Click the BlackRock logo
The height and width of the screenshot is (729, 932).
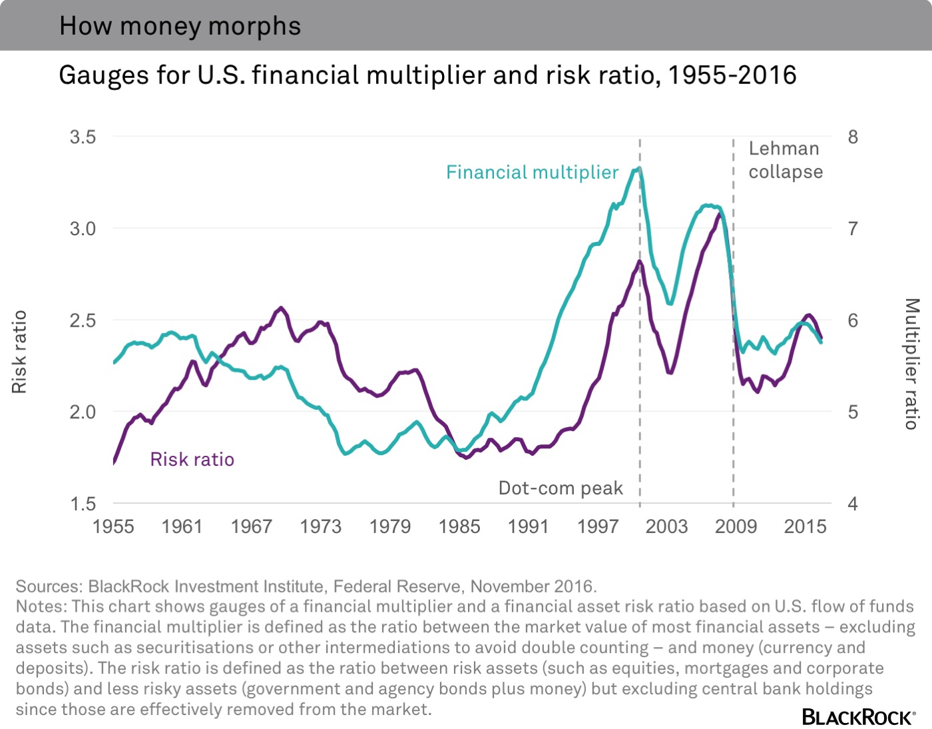tap(858, 716)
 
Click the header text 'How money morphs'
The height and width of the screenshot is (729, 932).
tap(180, 26)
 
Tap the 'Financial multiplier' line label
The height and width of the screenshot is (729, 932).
tap(532, 173)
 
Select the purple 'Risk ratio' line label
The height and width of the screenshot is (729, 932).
tap(192, 459)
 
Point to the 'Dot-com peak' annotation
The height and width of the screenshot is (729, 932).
tap(561, 488)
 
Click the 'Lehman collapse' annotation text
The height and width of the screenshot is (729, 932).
tap(785, 160)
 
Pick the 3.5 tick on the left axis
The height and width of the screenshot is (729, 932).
tap(83, 137)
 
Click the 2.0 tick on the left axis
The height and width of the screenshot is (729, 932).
tap(83, 412)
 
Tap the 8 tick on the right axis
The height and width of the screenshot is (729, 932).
tap(853, 137)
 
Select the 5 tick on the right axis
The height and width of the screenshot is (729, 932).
tap(853, 412)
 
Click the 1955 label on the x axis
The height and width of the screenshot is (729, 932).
tap(113, 526)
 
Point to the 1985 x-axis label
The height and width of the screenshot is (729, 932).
tap(459, 526)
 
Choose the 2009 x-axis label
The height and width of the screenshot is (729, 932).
tap(736, 526)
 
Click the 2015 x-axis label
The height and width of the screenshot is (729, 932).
tap(805, 526)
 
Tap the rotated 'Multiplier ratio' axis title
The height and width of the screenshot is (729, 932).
tap(911, 363)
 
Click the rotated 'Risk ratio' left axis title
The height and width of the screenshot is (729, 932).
tap(19, 351)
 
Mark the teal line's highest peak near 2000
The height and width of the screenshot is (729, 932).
tap(638, 169)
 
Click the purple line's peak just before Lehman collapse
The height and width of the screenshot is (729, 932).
tap(719, 214)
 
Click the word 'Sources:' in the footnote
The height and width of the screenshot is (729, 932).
tap(49, 586)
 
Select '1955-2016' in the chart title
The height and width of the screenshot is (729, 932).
tap(732, 75)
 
